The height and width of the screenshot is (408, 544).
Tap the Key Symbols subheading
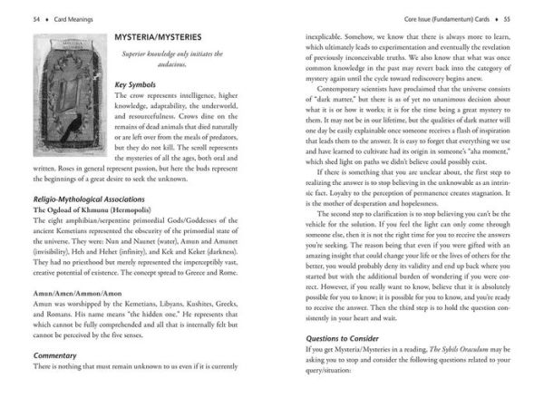point(139,85)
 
